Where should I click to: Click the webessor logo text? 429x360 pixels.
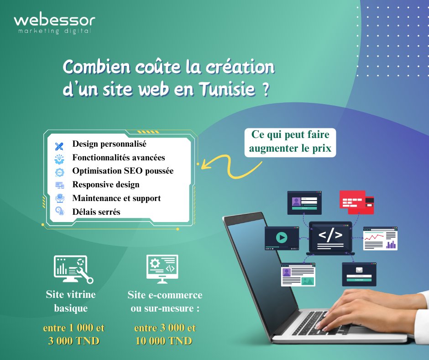coord(54,20)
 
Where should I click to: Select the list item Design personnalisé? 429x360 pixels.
coord(109,144)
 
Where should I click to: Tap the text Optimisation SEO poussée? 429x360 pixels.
coord(123,171)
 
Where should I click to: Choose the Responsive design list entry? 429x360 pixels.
coord(105,185)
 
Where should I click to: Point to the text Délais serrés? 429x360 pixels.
coord(96,212)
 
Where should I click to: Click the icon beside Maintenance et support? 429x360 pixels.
coord(59,198)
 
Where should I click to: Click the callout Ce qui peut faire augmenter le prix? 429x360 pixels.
coord(290,142)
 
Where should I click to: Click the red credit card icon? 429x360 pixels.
coord(356,201)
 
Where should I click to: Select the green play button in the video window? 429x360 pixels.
coord(281,238)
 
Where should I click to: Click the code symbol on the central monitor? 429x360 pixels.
coord(330,236)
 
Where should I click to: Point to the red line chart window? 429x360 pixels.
coord(380,238)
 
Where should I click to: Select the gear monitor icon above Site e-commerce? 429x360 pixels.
coord(162,269)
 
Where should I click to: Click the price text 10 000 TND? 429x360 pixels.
coord(164,341)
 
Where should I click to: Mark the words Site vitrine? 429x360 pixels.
coord(71,294)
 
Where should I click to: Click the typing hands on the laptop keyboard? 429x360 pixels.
coord(361,311)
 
